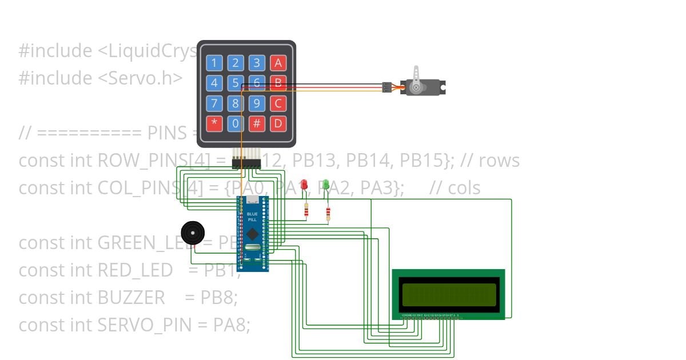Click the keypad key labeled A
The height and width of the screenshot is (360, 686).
(x=278, y=63)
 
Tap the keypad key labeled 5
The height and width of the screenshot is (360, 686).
(x=236, y=83)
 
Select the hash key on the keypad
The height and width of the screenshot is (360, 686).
(x=257, y=123)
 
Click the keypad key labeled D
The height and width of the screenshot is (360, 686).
(x=278, y=123)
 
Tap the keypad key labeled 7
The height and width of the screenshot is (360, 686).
(x=214, y=103)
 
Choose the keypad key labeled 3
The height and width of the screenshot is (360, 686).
(x=257, y=63)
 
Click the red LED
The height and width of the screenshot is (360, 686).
(x=305, y=185)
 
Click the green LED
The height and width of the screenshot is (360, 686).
(x=326, y=185)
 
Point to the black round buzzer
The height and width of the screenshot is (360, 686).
(x=192, y=232)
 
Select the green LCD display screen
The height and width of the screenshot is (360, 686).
(x=449, y=294)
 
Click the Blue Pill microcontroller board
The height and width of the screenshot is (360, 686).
(x=252, y=233)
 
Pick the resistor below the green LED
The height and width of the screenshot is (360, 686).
(x=328, y=214)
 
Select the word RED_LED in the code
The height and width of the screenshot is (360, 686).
(x=135, y=270)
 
